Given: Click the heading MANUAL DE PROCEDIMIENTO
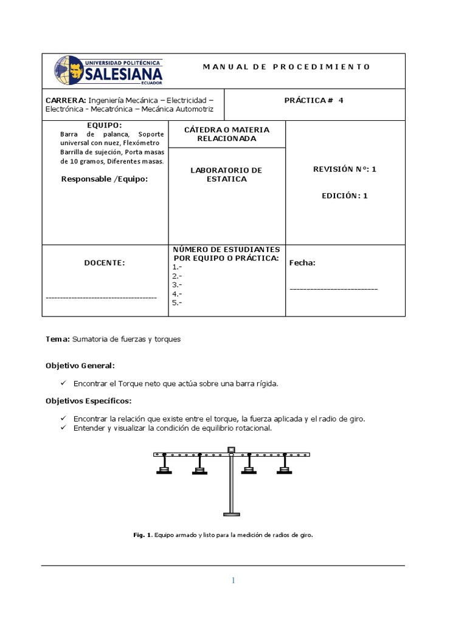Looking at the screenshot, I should (286, 67).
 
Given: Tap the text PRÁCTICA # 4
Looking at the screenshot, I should (314, 100).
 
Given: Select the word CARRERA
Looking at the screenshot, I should (66, 100).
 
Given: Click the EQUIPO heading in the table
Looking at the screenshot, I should (105, 125).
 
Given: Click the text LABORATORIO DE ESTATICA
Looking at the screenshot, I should (226, 174).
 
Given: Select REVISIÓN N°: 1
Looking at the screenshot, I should (344, 169).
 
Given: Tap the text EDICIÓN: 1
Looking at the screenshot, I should (345, 196).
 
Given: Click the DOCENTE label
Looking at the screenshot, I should (105, 262).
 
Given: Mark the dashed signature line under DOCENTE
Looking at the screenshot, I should (101, 298).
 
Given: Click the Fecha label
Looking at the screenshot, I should (302, 263).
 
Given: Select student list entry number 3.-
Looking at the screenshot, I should (178, 284).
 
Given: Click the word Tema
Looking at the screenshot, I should (58, 340).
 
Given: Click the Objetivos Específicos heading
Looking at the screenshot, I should (89, 401).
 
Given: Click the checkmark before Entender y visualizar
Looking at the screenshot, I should (64, 428).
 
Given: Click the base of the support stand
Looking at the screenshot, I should (231, 514).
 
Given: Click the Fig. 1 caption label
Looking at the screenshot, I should (142, 535).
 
